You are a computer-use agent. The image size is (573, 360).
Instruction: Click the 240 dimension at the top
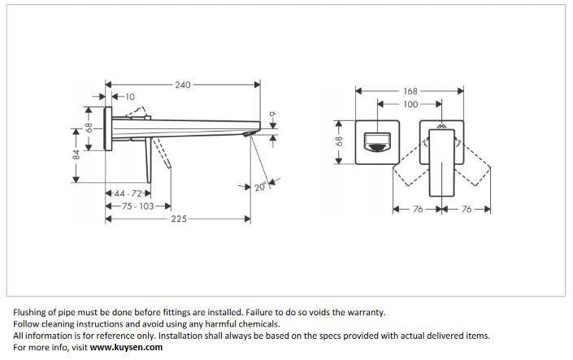pos(184,84)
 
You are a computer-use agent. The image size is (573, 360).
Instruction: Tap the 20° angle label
pos(260,187)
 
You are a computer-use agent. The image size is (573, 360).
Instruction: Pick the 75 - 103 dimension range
pos(137,206)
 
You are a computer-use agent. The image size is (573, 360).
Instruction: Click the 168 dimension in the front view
pos(410,92)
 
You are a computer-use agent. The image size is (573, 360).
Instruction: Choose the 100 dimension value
pos(410,104)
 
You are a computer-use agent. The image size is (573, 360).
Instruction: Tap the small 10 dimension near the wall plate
pos(131,97)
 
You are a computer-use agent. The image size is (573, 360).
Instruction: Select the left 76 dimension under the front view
pos(418,209)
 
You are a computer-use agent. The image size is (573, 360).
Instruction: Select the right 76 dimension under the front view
pos(467,209)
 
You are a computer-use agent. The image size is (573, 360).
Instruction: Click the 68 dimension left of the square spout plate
pos(340,141)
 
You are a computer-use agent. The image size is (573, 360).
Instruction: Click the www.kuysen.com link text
pos(126,347)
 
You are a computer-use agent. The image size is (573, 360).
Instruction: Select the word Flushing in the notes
pos(32,311)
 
